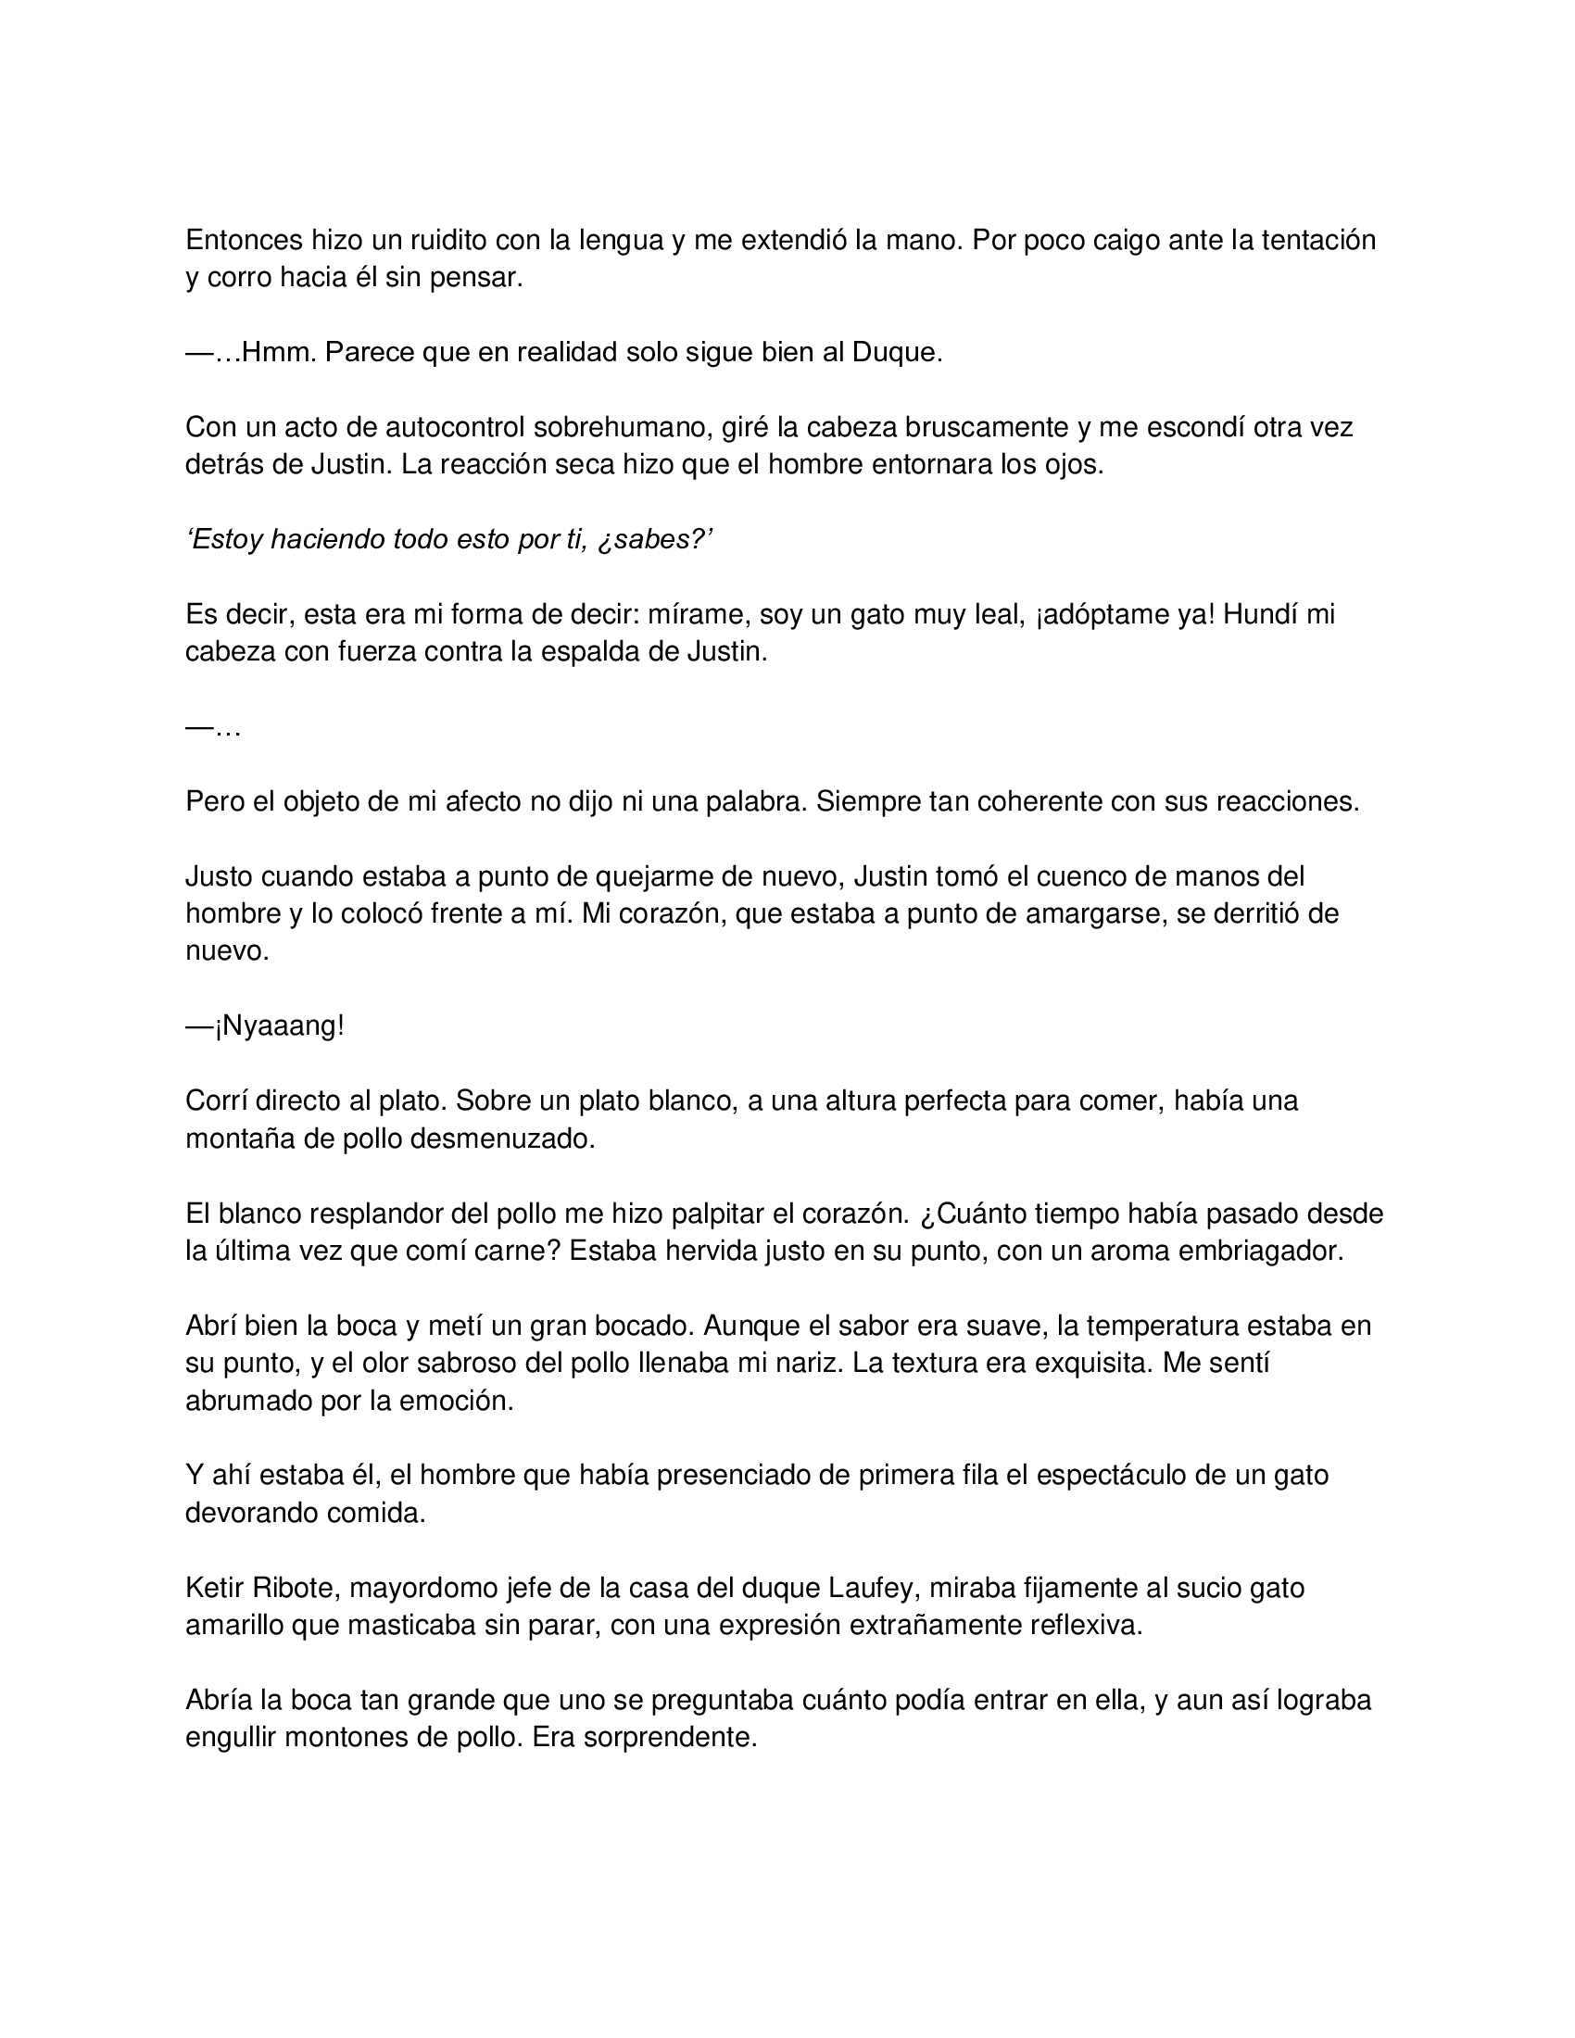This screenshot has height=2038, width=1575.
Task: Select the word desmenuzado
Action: click(x=507, y=1139)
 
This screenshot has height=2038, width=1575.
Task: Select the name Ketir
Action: click(x=215, y=1587)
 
